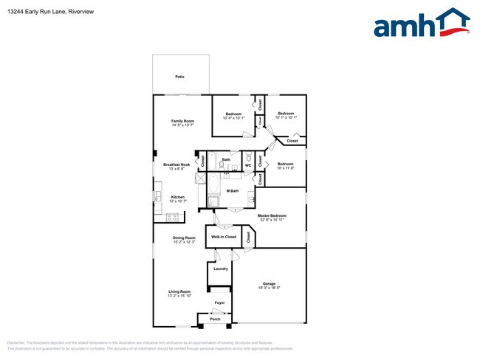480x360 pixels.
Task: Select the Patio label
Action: [179, 76]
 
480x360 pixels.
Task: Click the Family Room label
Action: [182, 121]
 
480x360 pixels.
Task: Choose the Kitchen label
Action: [178, 197]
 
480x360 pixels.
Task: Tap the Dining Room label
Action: [184, 238]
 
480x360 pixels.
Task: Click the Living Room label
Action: [179, 291]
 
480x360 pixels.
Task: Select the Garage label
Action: [270, 283]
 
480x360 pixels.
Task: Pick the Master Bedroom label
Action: [272, 215]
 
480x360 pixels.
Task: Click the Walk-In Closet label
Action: [224, 237]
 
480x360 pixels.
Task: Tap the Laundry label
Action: [220, 269]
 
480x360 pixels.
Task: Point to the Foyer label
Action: [219, 303]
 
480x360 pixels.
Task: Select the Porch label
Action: [215, 319]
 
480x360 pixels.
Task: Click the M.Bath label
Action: [232, 191]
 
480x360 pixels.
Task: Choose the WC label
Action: [248, 165]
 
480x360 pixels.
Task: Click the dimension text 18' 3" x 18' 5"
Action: [270, 288]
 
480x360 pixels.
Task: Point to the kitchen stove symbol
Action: [174, 216]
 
